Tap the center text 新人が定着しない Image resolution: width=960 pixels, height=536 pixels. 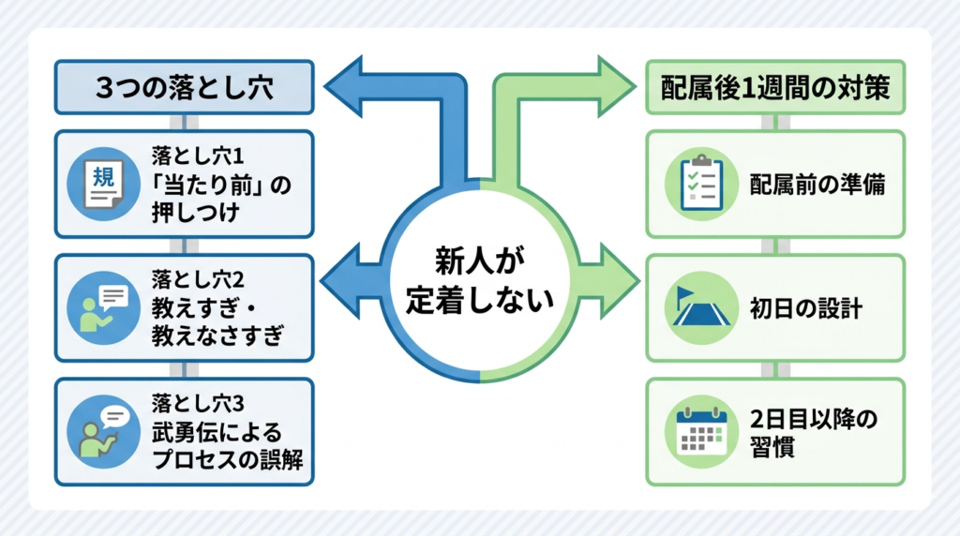[x=480, y=279]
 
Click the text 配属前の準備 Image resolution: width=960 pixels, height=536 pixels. [x=817, y=185]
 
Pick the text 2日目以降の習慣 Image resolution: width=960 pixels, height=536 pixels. [x=814, y=432]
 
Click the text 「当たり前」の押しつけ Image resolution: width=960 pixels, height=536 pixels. [x=221, y=199]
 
